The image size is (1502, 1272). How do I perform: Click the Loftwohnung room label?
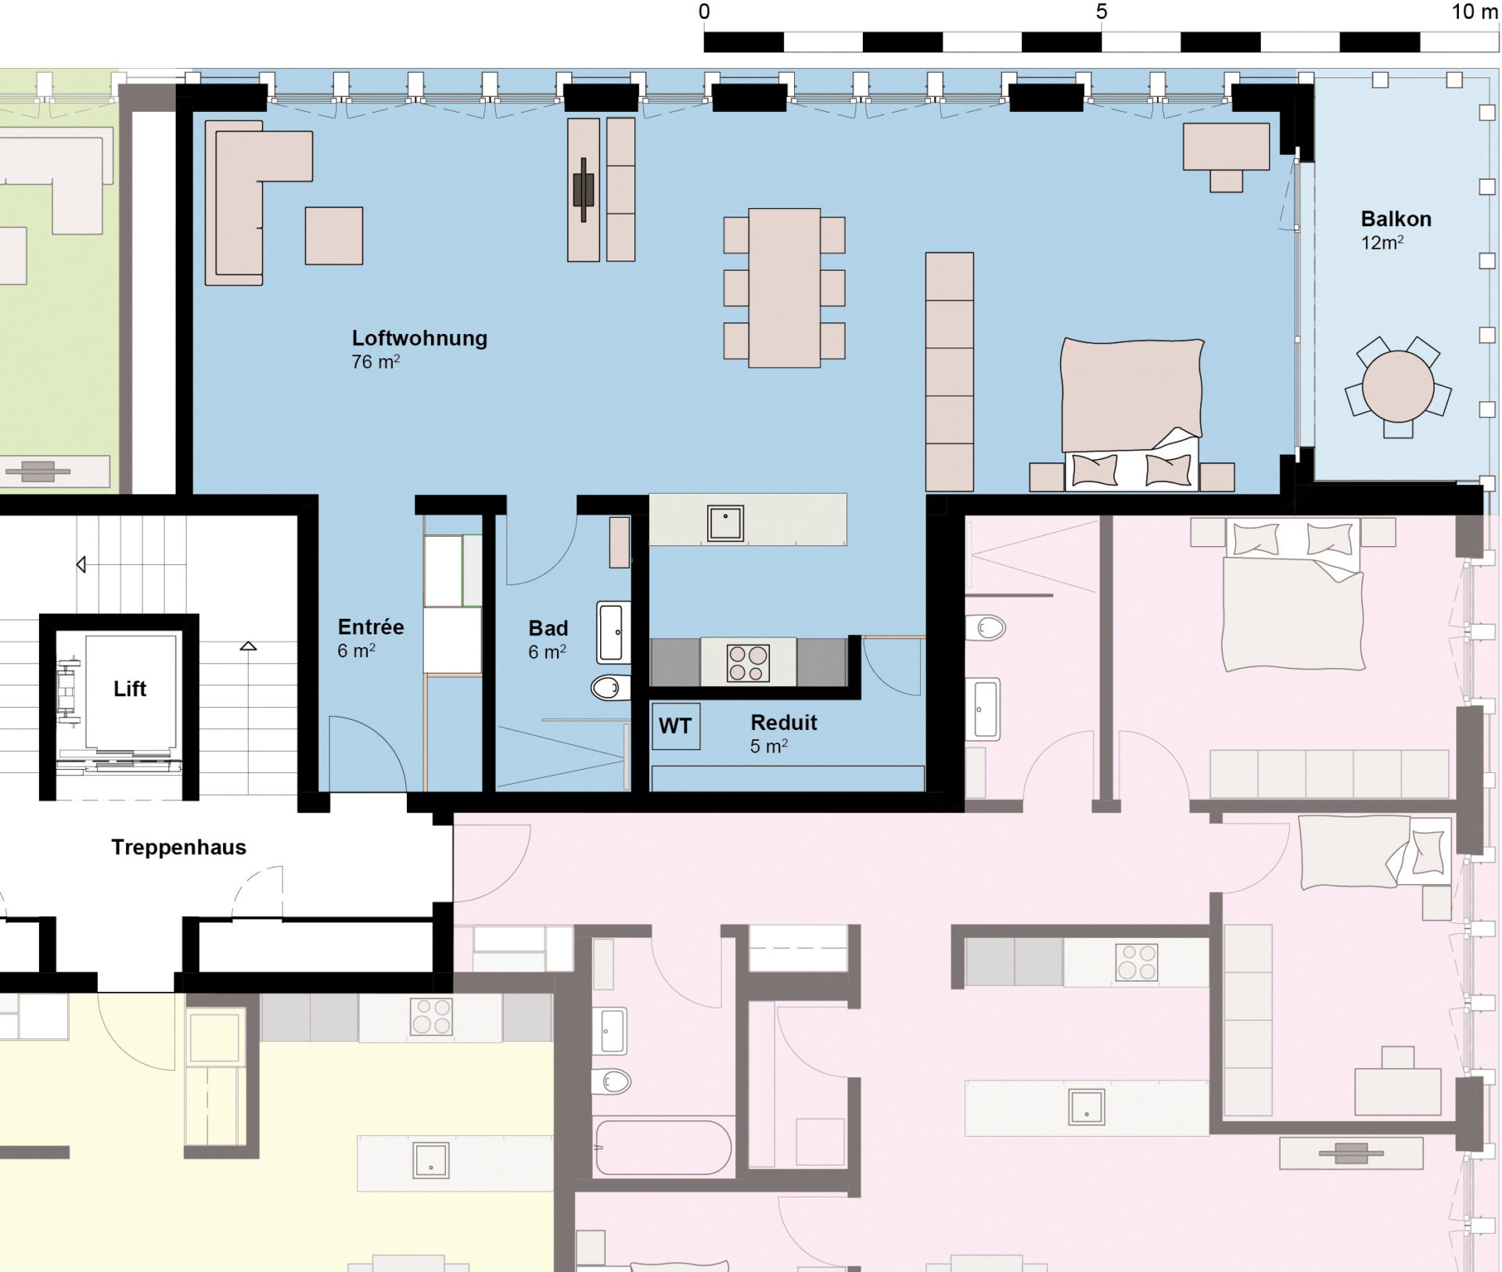[x=419, y=338]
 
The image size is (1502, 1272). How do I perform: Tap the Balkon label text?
[x=1396, y=219]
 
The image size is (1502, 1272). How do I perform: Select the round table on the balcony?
[x=1397, y=386]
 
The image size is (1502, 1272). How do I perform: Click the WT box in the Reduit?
[x=675, y=726]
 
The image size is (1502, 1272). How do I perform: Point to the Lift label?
[x=130, y=688]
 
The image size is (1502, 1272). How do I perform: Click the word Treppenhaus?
[x=178, y=847]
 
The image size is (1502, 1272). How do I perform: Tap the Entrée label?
[x=371, y=627]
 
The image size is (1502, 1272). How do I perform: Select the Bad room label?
[x=548, y=628]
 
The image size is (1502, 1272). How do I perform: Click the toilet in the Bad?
[x=610, y=688]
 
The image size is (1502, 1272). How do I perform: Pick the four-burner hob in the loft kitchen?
[x=748, y=663]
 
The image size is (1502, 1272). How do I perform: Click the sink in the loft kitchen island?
[x=725, y=523]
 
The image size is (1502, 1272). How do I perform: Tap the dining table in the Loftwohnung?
[x=784, y=288]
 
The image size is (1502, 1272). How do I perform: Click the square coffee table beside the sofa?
[x=334, y=235]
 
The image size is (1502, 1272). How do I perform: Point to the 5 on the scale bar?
[x=1101, y=12]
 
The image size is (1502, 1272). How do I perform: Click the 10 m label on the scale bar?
[x=1474, y=12]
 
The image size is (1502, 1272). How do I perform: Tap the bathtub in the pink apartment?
[x=663, y=1148]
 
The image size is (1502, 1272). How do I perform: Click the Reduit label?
[x=784, y=722]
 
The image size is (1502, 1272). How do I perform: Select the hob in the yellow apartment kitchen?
[x=431, y=1017]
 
